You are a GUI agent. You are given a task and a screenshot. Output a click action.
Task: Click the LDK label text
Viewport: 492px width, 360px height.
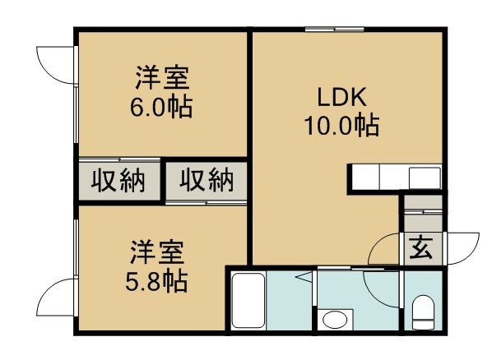point(341,97)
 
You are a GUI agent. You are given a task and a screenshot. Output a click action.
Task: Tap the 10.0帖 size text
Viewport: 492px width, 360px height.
point(341,126)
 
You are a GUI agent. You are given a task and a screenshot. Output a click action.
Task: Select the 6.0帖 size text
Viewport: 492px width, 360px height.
point(161,107)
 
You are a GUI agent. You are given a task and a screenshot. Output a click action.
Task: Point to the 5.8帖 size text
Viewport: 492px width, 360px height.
point(156,281)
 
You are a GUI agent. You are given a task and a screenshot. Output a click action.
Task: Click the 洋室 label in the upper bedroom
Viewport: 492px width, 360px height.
point(163,77)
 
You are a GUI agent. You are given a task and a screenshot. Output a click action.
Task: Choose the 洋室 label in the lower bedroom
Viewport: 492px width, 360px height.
point(157,252)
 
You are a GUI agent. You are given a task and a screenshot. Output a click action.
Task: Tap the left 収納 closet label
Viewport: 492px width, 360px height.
point(118,181)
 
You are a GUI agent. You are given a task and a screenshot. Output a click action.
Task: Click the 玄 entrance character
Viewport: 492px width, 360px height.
point(421,247)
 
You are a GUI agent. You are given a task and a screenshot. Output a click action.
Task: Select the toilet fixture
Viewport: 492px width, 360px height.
point(423,312)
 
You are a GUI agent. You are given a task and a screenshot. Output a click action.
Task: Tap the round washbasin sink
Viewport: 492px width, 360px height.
point(335,320)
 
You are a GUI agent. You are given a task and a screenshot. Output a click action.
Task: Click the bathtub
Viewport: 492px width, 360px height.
point(248,301)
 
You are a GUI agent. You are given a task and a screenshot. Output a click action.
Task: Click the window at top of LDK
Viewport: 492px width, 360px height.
point(335,30)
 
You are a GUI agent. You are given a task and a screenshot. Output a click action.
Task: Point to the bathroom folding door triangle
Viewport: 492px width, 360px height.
point(304,277)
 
